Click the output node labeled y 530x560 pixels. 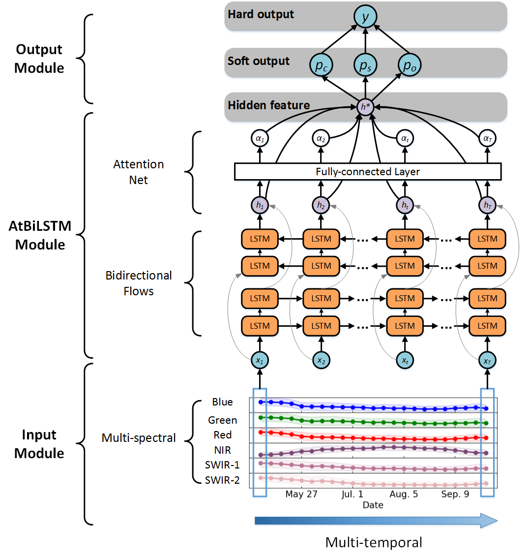click(x=365, y=17)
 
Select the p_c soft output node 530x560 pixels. click(x=321, y=65)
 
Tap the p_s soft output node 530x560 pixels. click(x=365, y=65)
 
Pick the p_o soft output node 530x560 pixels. click(x=410, y=65)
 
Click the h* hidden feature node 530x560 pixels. click(x=365, y=107)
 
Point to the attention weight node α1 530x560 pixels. click(x=260, y=139)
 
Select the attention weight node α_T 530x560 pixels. click(x=487, y=139)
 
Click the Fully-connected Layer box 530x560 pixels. click(x=368, y=172)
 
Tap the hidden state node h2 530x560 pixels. click(x=321, y=205)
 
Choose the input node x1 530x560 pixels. click(x=260, y=361)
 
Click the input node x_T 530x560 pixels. click(x=487, y=361)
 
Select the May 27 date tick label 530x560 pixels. click(x=301, y=494)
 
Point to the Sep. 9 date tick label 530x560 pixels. click(x=455, y=494)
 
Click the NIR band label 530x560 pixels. click(x=222, y=450)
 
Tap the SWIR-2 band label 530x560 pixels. click(x=222, y=480)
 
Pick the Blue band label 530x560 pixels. click(x=222, y=402)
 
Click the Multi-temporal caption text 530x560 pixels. click(x=374, y=542)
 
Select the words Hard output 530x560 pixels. click(x=261, y=14)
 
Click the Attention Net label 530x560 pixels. click(x=139, y=172)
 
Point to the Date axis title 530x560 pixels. click(x=373, y=505)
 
